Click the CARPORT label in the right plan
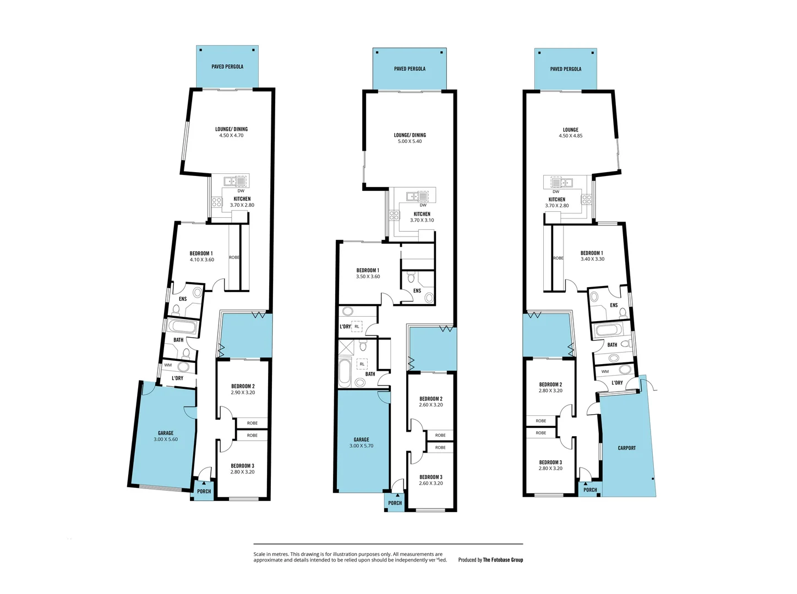click(626, 448)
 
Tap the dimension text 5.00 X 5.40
click(410, 141)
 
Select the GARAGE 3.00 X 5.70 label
click(361, 443)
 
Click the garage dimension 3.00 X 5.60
click(166, 439)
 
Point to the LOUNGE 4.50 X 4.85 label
click(570, 133)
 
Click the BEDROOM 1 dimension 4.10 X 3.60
click(202, 260)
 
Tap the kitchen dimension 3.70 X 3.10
click(422, 221)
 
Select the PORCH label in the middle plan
click(395, 503)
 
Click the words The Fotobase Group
click(503, 560)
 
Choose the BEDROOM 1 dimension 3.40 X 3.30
click(592, 259)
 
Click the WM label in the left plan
click(168, 365)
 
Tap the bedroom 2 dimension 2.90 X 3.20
click(243, 393)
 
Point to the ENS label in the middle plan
click(417, 291)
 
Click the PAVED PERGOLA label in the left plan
click(227, 67)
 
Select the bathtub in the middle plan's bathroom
click(345, 372)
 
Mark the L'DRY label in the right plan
click(617, 383)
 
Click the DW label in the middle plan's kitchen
click(423, 205)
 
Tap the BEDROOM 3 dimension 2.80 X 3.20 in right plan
click(550, 469)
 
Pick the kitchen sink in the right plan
click(561, 183)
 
